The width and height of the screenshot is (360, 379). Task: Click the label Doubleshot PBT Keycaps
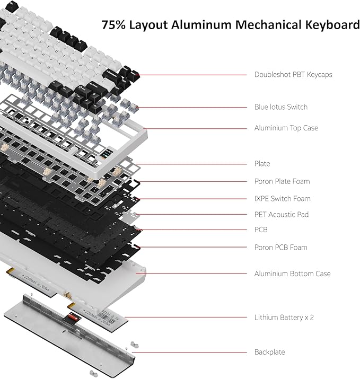click(293, 75)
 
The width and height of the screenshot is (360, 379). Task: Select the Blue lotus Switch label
click(280, 107)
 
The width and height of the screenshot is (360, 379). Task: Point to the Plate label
click(262, 164)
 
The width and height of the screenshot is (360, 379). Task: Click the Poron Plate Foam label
click(282, 181)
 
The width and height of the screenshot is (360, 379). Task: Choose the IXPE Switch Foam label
click(282, 199)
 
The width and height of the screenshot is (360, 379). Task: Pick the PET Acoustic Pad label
click(281, 215)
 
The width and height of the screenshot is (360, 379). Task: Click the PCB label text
click(261, 230)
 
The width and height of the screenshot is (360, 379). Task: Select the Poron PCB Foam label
click(280, 248)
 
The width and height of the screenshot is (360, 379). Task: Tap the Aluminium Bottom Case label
click(292, 274)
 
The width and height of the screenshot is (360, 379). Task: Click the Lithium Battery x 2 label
click(284, 318)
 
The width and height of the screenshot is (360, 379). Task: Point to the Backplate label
click(269, 352)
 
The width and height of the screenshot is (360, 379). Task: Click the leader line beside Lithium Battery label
click(186, 318)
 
